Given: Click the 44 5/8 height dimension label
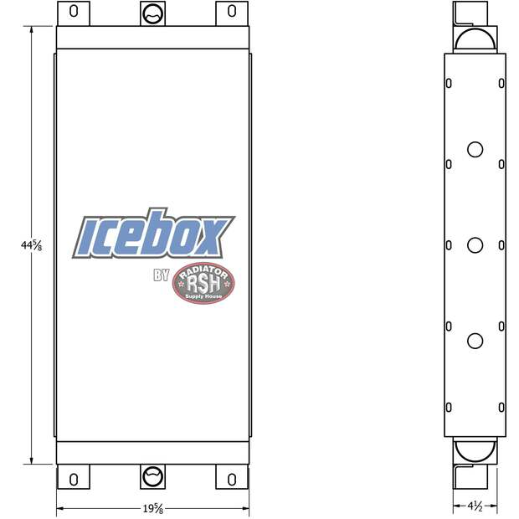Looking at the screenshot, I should click(x=32, y=245).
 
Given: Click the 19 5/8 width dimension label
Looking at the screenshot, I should click(x=153, y=509).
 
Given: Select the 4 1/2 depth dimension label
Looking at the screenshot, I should click(x=475, y=506).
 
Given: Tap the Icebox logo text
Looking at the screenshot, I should click(x=155, y=237).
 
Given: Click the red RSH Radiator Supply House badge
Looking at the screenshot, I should click(x=203, y=283).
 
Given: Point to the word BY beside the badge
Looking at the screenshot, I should click(x=162, y=275).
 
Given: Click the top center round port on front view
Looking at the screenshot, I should click(x=152, y=13).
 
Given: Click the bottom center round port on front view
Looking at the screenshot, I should click(x=152, y=476).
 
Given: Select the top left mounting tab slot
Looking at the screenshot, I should click(x=74, y=12).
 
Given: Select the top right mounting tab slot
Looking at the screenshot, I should click(x=231, y=12).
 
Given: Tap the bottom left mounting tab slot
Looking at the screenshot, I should click(x=74, y=479).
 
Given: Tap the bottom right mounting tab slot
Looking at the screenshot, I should click(x=231, y=479).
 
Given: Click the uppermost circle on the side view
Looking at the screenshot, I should click(x=475, y=150).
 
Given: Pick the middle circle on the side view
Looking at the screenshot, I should click(x=475, y=244).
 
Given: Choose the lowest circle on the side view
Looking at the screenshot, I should click(x=475, y=341).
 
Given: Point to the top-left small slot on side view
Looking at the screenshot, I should click(x=449, y=83).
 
